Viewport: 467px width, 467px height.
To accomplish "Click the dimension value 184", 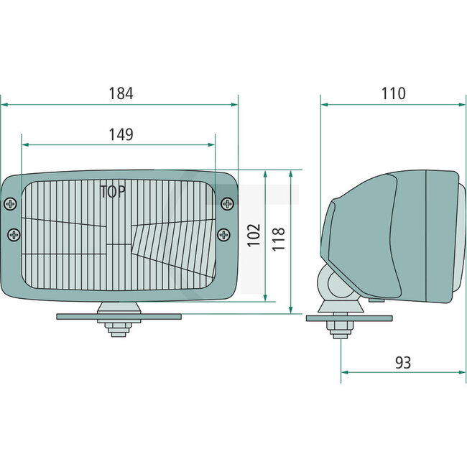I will [x=121, y=93].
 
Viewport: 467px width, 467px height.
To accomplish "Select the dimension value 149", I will [x=120, y=134].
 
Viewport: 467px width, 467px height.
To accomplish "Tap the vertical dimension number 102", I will [x=254, y=234].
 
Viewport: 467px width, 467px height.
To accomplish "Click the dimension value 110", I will [x=393, y=93].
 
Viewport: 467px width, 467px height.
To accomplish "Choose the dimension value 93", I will [x=403, y=363].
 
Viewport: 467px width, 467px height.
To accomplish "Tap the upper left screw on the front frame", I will [x=11, y=204].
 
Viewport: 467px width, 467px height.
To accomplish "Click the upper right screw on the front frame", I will [x=227, y=204].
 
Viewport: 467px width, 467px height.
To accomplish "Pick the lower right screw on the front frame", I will [x=224, y=234].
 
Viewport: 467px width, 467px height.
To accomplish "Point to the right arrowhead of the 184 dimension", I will [x=234, y=104].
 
